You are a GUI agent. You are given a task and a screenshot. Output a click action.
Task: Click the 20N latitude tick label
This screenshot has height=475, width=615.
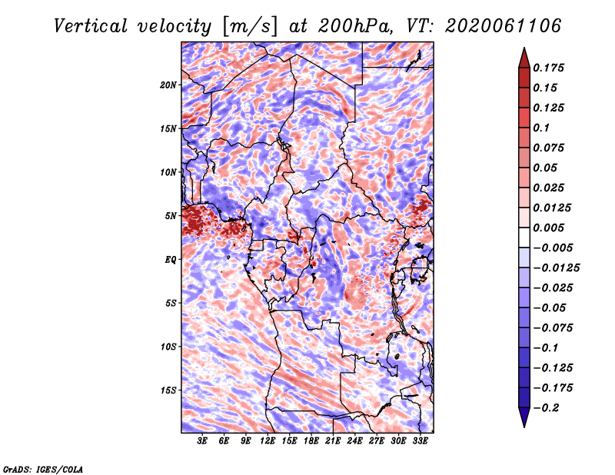coord(168,85)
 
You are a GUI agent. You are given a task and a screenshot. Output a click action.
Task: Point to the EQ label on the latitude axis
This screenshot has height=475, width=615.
coord(170,260)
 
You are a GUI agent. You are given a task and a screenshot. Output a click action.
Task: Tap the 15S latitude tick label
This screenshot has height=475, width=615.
coord(168,390)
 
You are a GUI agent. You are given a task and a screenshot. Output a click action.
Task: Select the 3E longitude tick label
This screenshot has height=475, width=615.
coord(202,441)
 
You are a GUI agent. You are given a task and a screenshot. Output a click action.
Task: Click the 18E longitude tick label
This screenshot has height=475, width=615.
coord(311,441)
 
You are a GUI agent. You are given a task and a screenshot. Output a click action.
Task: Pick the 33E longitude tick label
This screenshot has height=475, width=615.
coord(420,441)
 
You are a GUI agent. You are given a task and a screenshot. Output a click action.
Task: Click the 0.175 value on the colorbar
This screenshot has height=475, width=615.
coord(548,68)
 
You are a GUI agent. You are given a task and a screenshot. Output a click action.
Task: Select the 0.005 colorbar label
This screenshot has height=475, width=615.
coord(548,228)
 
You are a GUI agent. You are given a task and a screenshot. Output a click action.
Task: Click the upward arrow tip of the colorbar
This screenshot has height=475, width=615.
coord(524,48)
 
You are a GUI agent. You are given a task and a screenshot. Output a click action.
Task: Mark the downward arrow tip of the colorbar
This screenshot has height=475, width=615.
coord(524,427)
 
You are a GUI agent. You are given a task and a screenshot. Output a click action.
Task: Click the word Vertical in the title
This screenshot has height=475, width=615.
coord(91,26)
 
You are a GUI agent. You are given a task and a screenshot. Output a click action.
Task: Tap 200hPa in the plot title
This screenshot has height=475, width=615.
coord(355,26)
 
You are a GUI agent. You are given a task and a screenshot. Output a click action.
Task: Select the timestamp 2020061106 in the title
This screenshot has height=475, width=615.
coord(504,26)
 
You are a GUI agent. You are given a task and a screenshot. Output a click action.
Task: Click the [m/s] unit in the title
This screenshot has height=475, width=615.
coord(250,26)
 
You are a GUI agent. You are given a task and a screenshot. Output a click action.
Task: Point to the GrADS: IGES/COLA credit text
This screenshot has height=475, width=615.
coord(43,469)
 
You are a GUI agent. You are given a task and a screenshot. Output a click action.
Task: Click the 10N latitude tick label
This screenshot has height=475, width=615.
coord(168,172)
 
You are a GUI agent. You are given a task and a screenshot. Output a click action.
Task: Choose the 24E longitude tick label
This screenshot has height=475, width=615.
coord(354,441)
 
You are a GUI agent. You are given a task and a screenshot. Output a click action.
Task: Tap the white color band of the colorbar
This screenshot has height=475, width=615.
coord(524,237)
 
